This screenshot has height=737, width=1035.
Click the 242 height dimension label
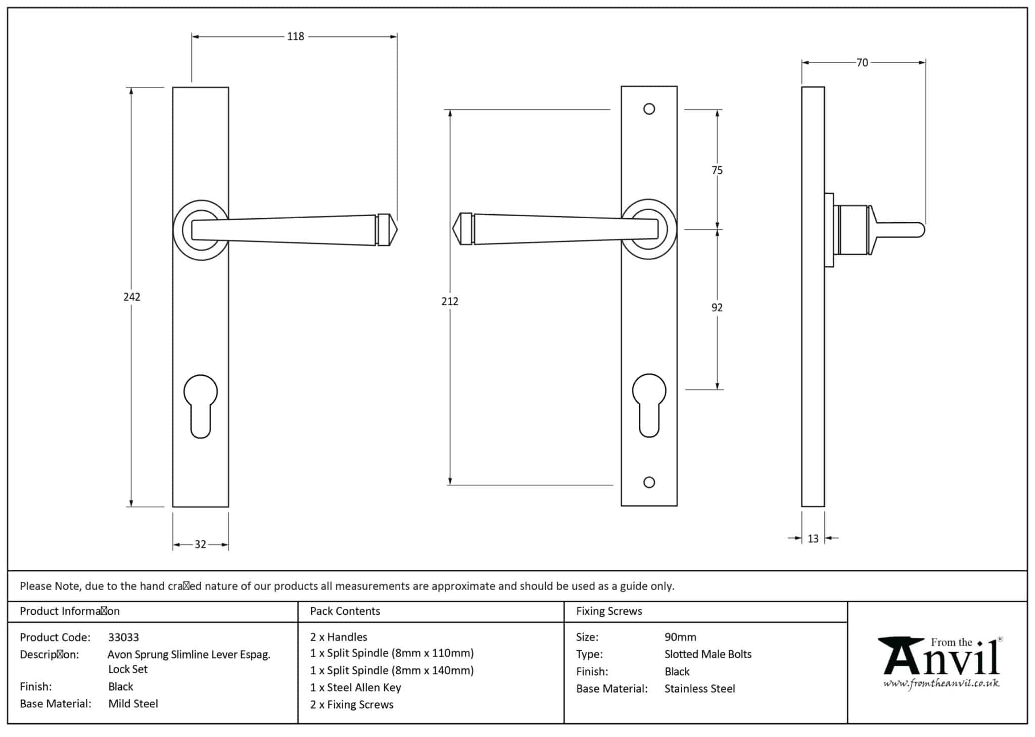[132, 297]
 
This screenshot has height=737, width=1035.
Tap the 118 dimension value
[296, 37]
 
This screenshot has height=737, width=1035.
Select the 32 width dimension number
[200, 545]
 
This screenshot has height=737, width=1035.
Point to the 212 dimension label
[450, 302]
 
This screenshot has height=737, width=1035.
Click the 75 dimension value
[717, 171]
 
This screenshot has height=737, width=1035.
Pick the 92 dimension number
[717, 308]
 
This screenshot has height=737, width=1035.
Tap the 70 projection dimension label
[862, 63]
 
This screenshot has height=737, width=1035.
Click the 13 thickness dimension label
[813, 539]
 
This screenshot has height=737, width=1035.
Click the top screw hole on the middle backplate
[649, 109]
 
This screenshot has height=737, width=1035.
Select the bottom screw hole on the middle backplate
[649, 482]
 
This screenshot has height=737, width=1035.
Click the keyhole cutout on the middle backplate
[649, 405]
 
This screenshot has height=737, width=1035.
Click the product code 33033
[123, 637]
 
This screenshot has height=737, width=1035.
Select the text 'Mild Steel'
[133, 704]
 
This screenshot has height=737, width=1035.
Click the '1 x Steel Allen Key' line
[355, 687]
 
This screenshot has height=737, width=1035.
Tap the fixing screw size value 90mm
[680, 637]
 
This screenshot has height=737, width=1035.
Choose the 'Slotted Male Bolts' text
[708, 655]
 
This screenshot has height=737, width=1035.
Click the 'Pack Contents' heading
[345, 611]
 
